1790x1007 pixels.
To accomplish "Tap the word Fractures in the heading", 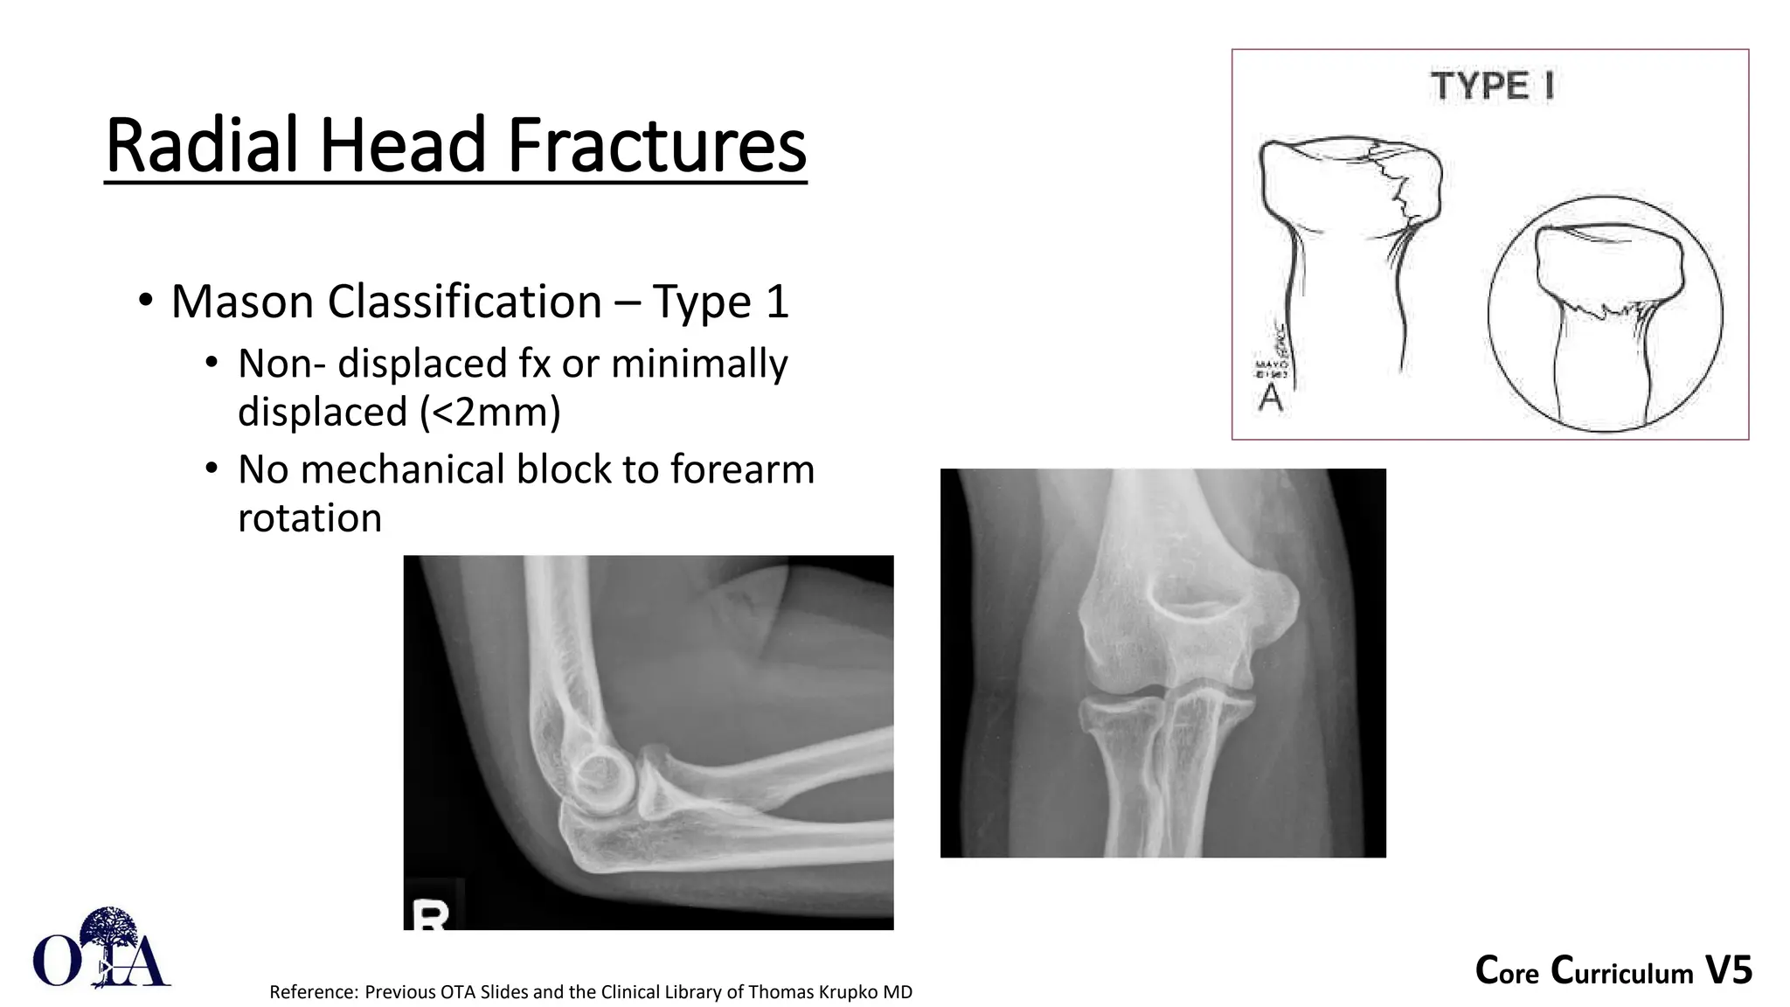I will [x=656, y=145].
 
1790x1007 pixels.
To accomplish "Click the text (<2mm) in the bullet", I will [x=490, y=412].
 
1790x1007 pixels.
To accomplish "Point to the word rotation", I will [x=309, y=517].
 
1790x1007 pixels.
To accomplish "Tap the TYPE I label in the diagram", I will [x=1491, y=87].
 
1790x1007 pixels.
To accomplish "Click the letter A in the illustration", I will [x=1270, y=398].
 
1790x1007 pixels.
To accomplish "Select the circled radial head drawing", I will [x=1605, y=313].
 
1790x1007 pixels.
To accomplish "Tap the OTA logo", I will [x=101, y=950].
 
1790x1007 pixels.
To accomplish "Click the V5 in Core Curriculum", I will [x=1728, y=970].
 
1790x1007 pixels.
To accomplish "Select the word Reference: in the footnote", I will [x=314, y=992].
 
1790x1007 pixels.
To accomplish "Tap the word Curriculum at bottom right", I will [x=1622, y=971].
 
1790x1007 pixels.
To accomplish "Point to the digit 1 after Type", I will [x=777, y=302].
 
